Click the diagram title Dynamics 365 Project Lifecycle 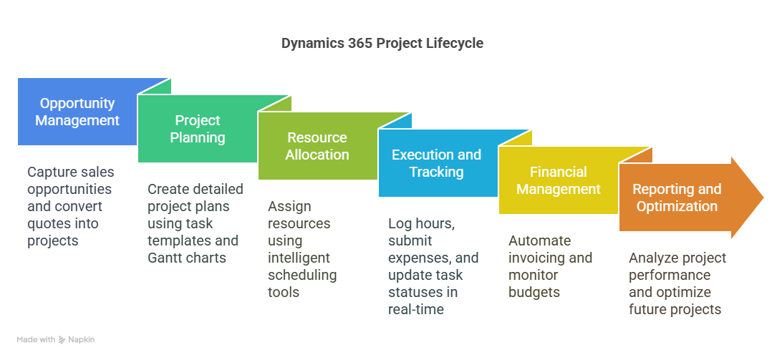pyautogui.click(x=382, y=43)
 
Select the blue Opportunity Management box pyautogui.click(x=77, y=112)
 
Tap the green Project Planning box pyautogui.click(x=198, y=129)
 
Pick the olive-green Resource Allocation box pyautogui.click(x=317, y=146)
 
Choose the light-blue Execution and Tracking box pyautogui.click(x=436, y=163)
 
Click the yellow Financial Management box pyautogui.click(x=558, y=180)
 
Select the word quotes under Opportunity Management pyautogui.click(x=48, y=223)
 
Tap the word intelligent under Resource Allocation pyautogui.click(x=299, y=258)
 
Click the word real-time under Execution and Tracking pyautogui.click(x=416, y=309)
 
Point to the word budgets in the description pyautogui.click(x=533, y=292)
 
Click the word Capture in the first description pyautogui.click(x=53, y=172)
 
